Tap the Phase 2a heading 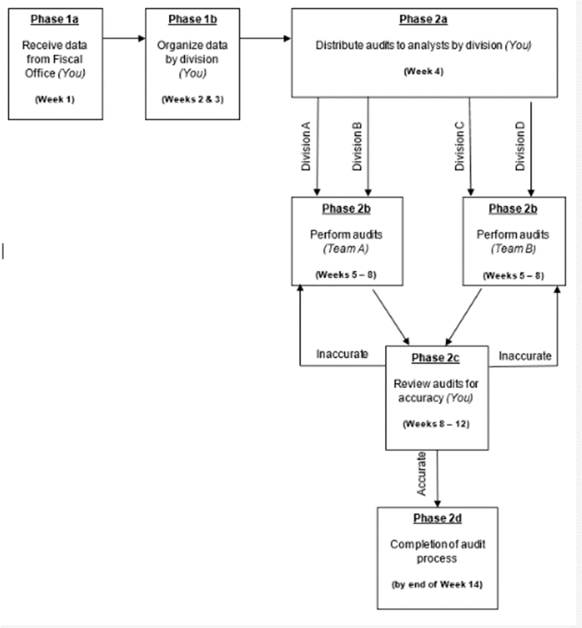(x=422, y=19)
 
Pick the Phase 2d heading (x=437, y=518)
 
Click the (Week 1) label (x=54, y=99)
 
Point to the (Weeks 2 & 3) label (x=193, y=99)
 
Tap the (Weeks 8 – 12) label (x=437, y=424)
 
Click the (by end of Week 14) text (x=437, y=585)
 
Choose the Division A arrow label (x=307, y=147)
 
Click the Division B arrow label (x=357, y=147)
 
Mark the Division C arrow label (x=460, y=147)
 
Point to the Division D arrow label (x=521, y=147)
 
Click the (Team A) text (x=347, y=249)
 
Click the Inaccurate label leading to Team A (x=342, y=355)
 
